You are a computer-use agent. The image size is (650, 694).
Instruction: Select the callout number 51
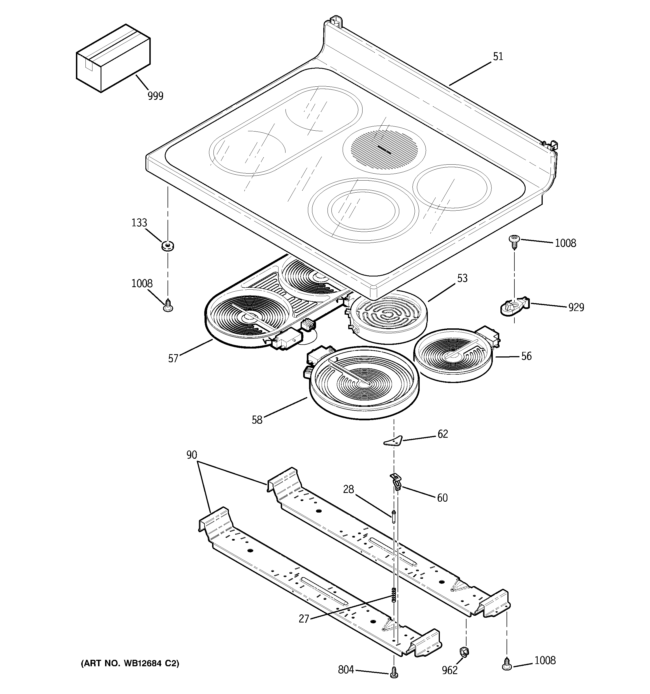(498, 57)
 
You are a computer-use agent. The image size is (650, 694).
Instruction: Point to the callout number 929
(576, 307)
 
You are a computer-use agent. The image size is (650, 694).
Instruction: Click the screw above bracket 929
(514, 241)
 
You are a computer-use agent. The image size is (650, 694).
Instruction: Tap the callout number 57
(173, 359)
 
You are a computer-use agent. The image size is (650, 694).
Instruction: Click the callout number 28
(348, 489)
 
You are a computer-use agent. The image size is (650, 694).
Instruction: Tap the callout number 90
(192, 455)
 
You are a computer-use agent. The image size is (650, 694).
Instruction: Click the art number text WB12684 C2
(130, 663)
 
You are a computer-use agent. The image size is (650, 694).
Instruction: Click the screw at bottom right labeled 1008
(506, 663)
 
